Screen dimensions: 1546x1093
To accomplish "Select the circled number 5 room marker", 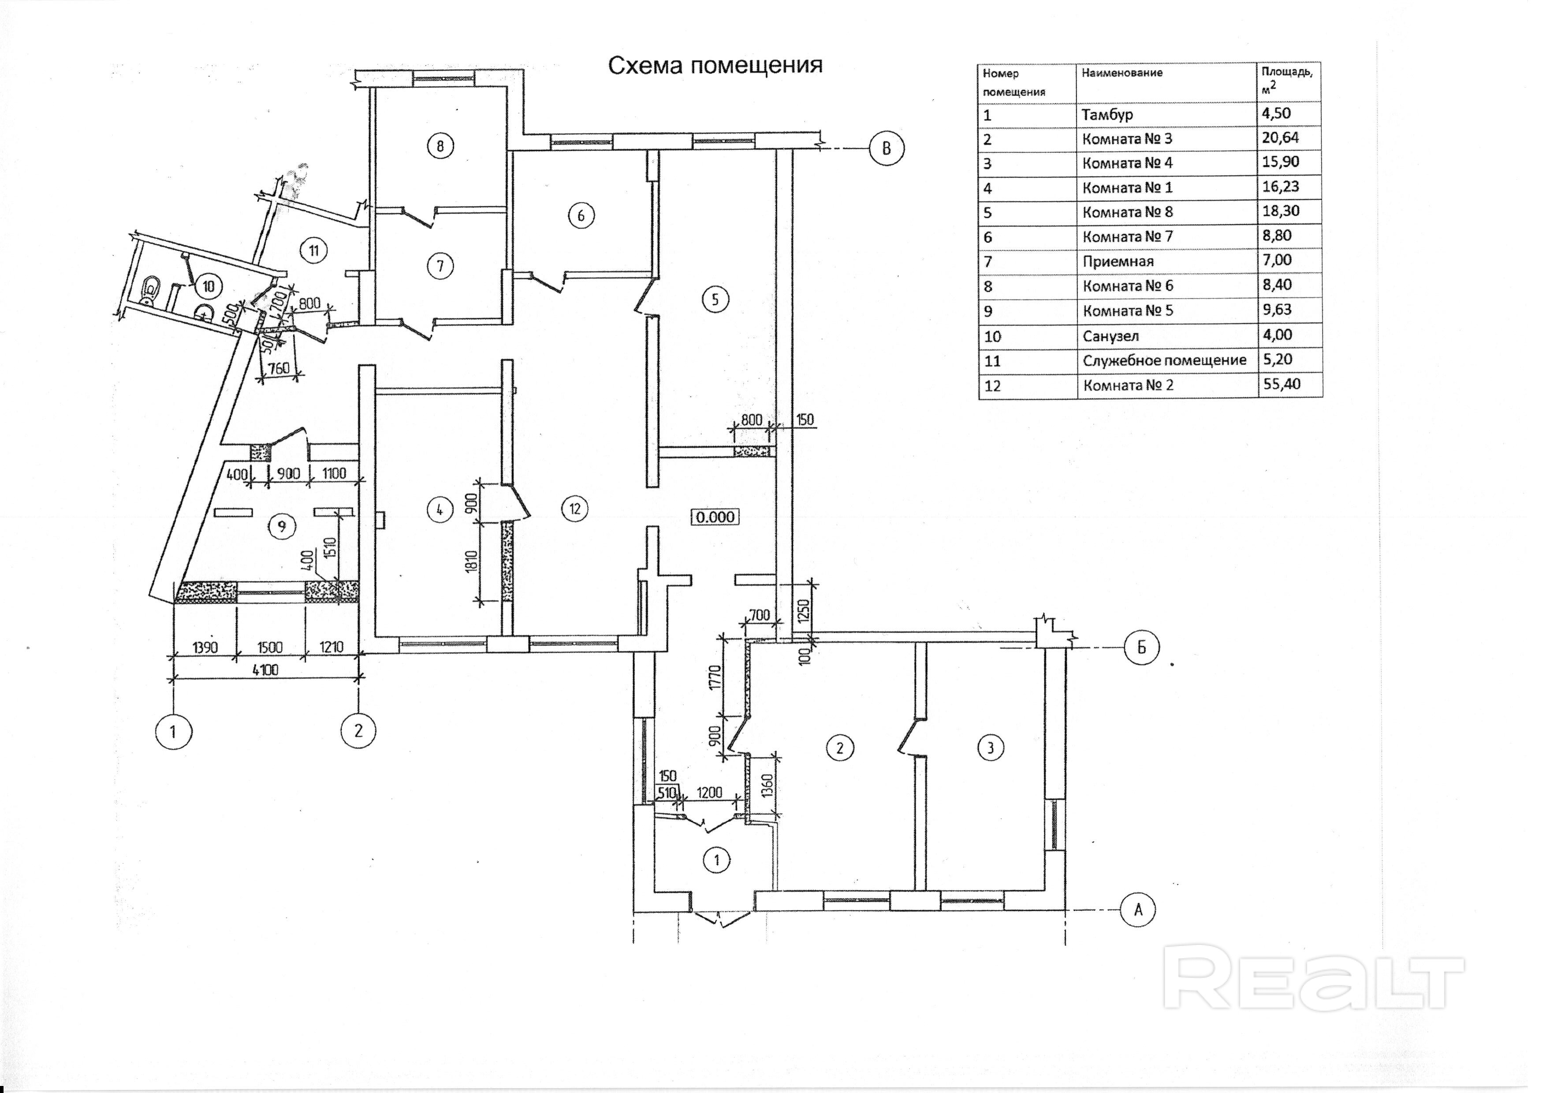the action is click(x=715, y=299).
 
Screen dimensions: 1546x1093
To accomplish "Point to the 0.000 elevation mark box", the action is click(x=715, y=517).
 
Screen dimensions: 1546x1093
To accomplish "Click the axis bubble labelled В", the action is click(x=886, y=149).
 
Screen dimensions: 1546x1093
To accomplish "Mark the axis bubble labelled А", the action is click(x=1137, y=910).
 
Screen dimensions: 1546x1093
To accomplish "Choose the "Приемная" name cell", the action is click(x=1118, y=262).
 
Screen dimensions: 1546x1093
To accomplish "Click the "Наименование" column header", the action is click(x=1122, y=73).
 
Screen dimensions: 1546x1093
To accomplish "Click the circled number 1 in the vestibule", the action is click(x=716, y=860).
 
